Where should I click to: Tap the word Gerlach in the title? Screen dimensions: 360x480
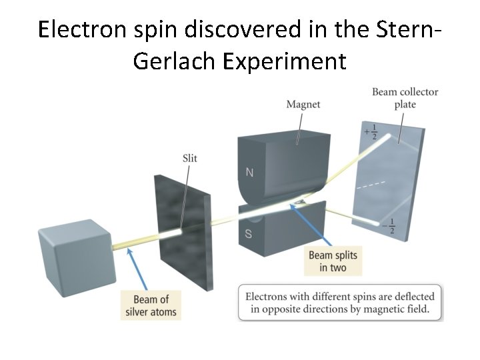pyautogui.click(x=175, y=61)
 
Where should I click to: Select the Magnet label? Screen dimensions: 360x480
pyautogui.click(x=303, y=104)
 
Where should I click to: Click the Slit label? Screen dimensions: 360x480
pyautogui.click(x=189, y=158)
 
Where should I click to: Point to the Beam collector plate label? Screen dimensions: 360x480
pyautogui.click(x=405, y=97)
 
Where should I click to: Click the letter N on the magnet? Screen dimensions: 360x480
pyautogui.click(x=249, y=173)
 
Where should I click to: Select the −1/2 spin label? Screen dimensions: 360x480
pyautogui.click(x=391, y=226)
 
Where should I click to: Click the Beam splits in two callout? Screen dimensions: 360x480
pyautogui.click(x=333, y=261)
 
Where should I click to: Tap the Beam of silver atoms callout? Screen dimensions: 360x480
pyautogui.click(x=151, y=305)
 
